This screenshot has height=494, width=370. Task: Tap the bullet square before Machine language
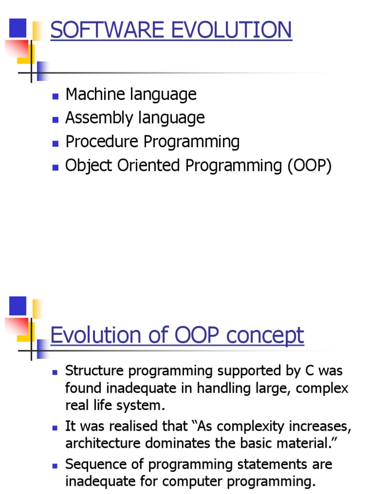(x=55, y=95)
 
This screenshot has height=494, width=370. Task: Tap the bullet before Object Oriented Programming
(x=55, y=167)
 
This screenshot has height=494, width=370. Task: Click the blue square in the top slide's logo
(x=18, y=27)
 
